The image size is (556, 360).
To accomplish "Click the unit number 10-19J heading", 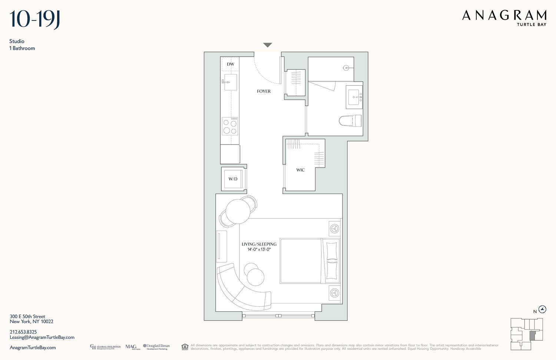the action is pyautogui.click(x=34, y=19).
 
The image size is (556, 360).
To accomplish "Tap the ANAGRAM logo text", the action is pyautogui.click(x=504, y=16).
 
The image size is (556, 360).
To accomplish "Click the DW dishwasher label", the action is pyautogui.click(x=231, y=64).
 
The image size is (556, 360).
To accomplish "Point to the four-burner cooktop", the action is pyautogui.click(x=230, y=126).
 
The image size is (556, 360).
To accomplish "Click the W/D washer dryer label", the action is pyautogui.click(x=233, y=179).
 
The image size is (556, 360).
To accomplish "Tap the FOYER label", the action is pyautogui.click(x=264, y=91).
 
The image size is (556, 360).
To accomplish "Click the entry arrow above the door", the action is pyautogui.click(x=268, y=45).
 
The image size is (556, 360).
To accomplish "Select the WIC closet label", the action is pyautogui.click(x=300, y=170).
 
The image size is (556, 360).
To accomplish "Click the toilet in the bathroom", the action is pyautogui.click(x=351, y=121).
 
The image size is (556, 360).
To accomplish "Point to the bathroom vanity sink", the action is pyautogui.click(x=354, y=97).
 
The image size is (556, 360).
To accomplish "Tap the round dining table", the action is pyautogui.click(x=238, y=212).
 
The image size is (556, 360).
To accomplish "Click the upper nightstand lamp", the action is pyautogui.click(x=335, y=229).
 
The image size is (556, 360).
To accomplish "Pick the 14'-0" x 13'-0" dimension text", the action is pyautogui.click(x=259, y=250).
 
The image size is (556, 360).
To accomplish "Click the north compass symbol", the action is pyautogui.click(x=543, y=309).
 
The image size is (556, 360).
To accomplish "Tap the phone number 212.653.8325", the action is pyautogui.click(x=23, y=332).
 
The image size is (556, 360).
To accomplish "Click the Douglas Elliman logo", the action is pyautogui.click(x=156, y=347).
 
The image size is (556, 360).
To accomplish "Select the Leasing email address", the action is pyautogui.click(x=42, y=337).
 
